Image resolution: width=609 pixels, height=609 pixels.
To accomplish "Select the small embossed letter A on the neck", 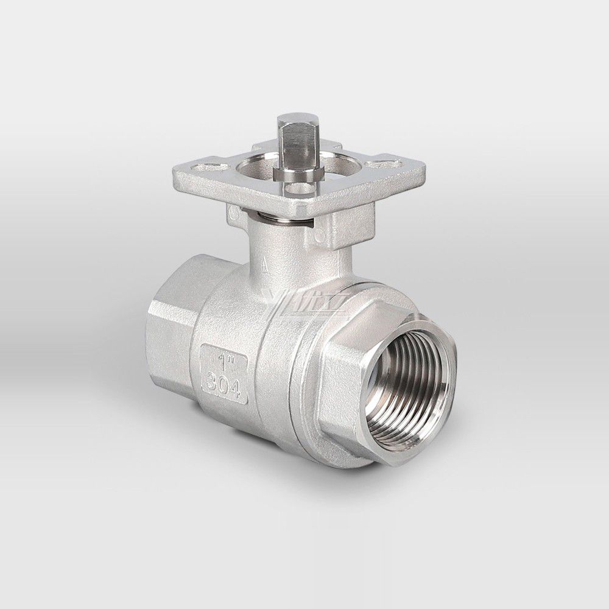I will click(x=263, y=266).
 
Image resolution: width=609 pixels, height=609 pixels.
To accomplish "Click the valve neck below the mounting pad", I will click(x=292, y=250).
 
